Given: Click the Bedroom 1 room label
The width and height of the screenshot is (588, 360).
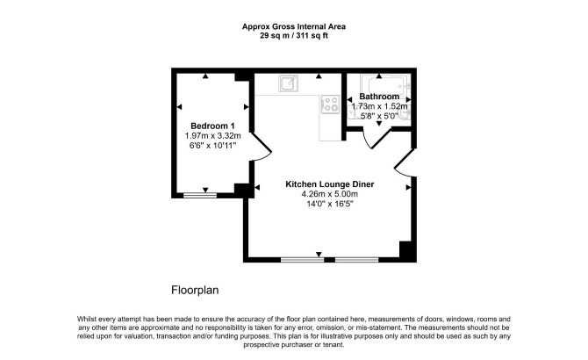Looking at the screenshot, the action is (x=212, y=126).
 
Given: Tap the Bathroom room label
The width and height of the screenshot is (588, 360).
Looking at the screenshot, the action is (x=379, y=97).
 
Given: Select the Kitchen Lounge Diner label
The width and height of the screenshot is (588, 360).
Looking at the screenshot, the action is (x=330, y=184).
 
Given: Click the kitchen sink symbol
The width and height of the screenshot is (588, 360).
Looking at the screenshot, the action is (x=288, y=83).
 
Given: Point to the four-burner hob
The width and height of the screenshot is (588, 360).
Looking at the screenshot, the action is (x=330, y=104).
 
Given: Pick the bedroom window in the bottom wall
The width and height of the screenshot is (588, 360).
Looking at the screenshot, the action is (x=200, y=195).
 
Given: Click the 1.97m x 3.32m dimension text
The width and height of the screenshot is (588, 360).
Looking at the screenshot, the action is (x=212, y=136).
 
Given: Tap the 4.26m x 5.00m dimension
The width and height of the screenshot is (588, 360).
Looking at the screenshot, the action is (x=330, y=194).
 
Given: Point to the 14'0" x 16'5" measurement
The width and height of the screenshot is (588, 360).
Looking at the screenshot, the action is (x=330, y=205).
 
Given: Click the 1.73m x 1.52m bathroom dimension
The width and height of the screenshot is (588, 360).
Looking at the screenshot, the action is (x=379, y=106).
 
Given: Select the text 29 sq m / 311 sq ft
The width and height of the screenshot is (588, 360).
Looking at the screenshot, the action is (x=294, y=36).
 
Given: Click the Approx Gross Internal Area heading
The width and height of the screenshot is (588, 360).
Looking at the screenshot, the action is (x=294, y=26).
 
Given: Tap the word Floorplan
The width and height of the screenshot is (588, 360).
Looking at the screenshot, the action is (x=195, y=290).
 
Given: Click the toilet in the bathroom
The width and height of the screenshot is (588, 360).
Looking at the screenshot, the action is (x=405, y=114).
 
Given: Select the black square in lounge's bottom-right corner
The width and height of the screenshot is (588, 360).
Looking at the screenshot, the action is (x=407, y=250).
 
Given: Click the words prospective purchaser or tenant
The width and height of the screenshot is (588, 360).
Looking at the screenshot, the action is (x=294, y=344).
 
